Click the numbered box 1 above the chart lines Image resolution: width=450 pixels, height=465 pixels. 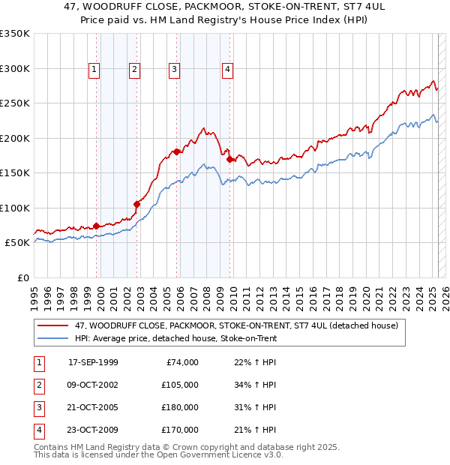point(94,70)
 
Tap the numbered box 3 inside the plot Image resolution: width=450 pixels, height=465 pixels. point(173,70)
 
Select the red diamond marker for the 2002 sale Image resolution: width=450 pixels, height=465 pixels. point(137,204)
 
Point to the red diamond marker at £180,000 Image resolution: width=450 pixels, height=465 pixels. point(177,152)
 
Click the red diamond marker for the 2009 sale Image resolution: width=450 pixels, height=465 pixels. point(229,159)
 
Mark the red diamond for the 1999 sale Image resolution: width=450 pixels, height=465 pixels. point(97,226)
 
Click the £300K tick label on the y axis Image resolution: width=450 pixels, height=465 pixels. point(15,68)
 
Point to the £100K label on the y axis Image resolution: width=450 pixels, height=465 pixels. point(15,208)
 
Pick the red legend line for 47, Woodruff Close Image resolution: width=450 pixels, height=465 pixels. point(52,325)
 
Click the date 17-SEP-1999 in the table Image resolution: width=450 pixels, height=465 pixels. point(93,362)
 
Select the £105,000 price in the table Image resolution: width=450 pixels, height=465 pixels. point(180,385)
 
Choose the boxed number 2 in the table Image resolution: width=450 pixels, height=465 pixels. point(38,385)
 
